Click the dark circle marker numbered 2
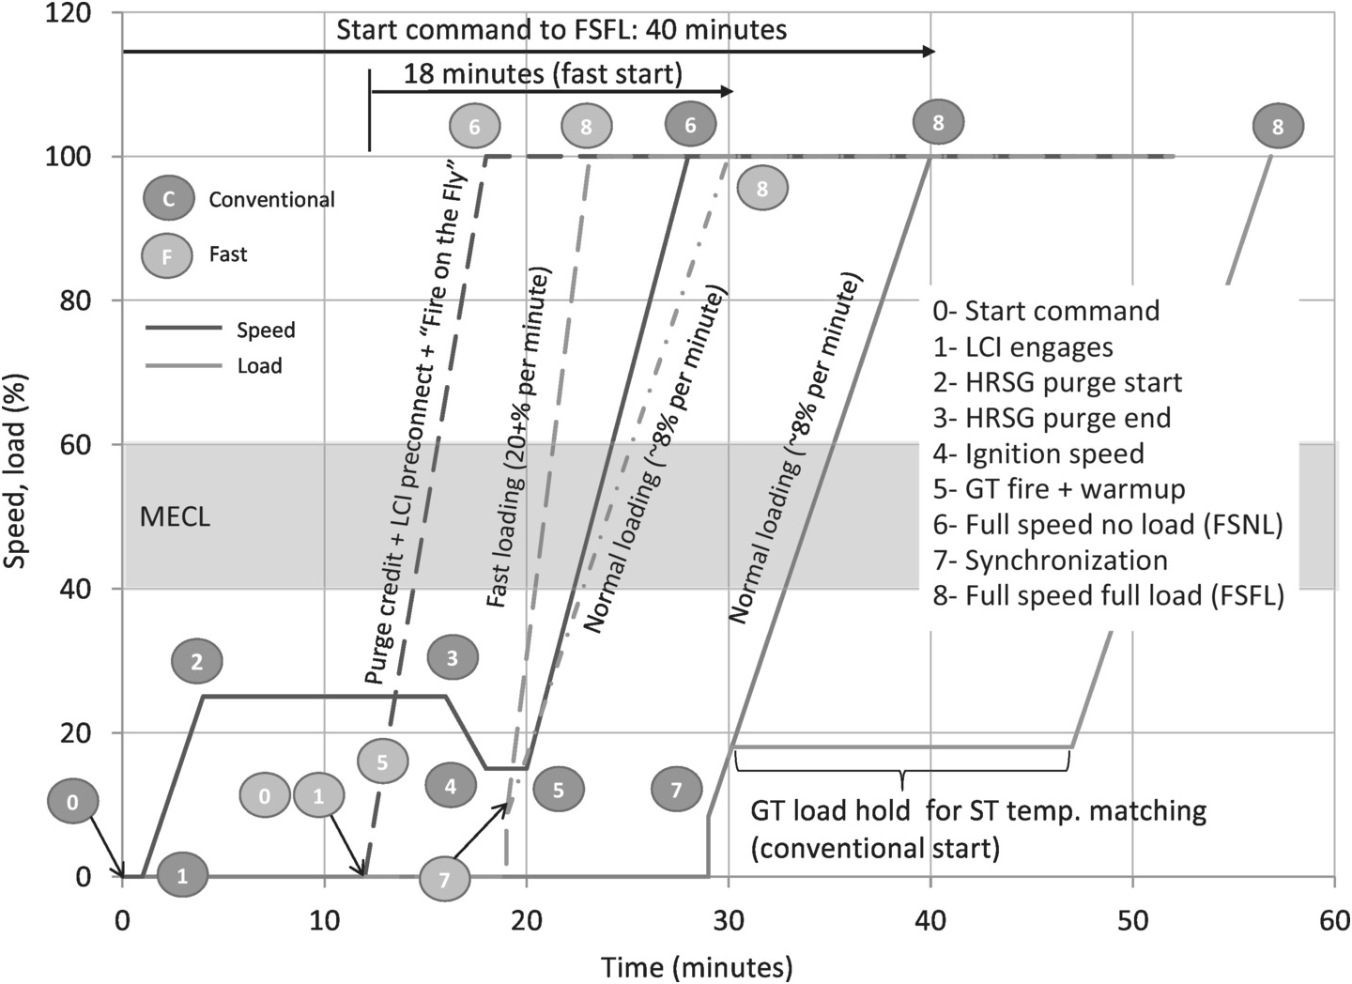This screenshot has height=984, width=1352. click(x=197, y=662)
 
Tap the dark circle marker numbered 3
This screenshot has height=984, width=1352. click(x=453, y=658)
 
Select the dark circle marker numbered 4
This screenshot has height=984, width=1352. click(x=451, y=786)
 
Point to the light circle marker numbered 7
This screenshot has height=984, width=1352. click(x=445, y=879)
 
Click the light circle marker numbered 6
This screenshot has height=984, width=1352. click(x=475, y=127)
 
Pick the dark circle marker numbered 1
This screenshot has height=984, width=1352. click(x=182, y=875)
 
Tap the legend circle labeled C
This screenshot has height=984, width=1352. click(x=168, y=199)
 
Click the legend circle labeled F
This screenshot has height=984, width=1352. click(x=167, y=254)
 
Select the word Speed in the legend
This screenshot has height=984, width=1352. click(x=266, y=331)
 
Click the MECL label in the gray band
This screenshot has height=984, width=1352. click(x=175, y=517)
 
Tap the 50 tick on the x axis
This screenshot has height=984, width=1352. click(x=1133, y=920)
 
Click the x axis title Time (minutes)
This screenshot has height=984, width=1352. click(x=697, y=967)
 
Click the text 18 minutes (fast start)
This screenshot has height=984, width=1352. click(x=543, y=73)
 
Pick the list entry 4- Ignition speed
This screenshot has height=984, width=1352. click(x=1038, y=454)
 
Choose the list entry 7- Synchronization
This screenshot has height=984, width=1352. click(x=1051, y=561)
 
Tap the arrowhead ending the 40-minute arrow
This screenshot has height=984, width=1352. click(x=929, y=51)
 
